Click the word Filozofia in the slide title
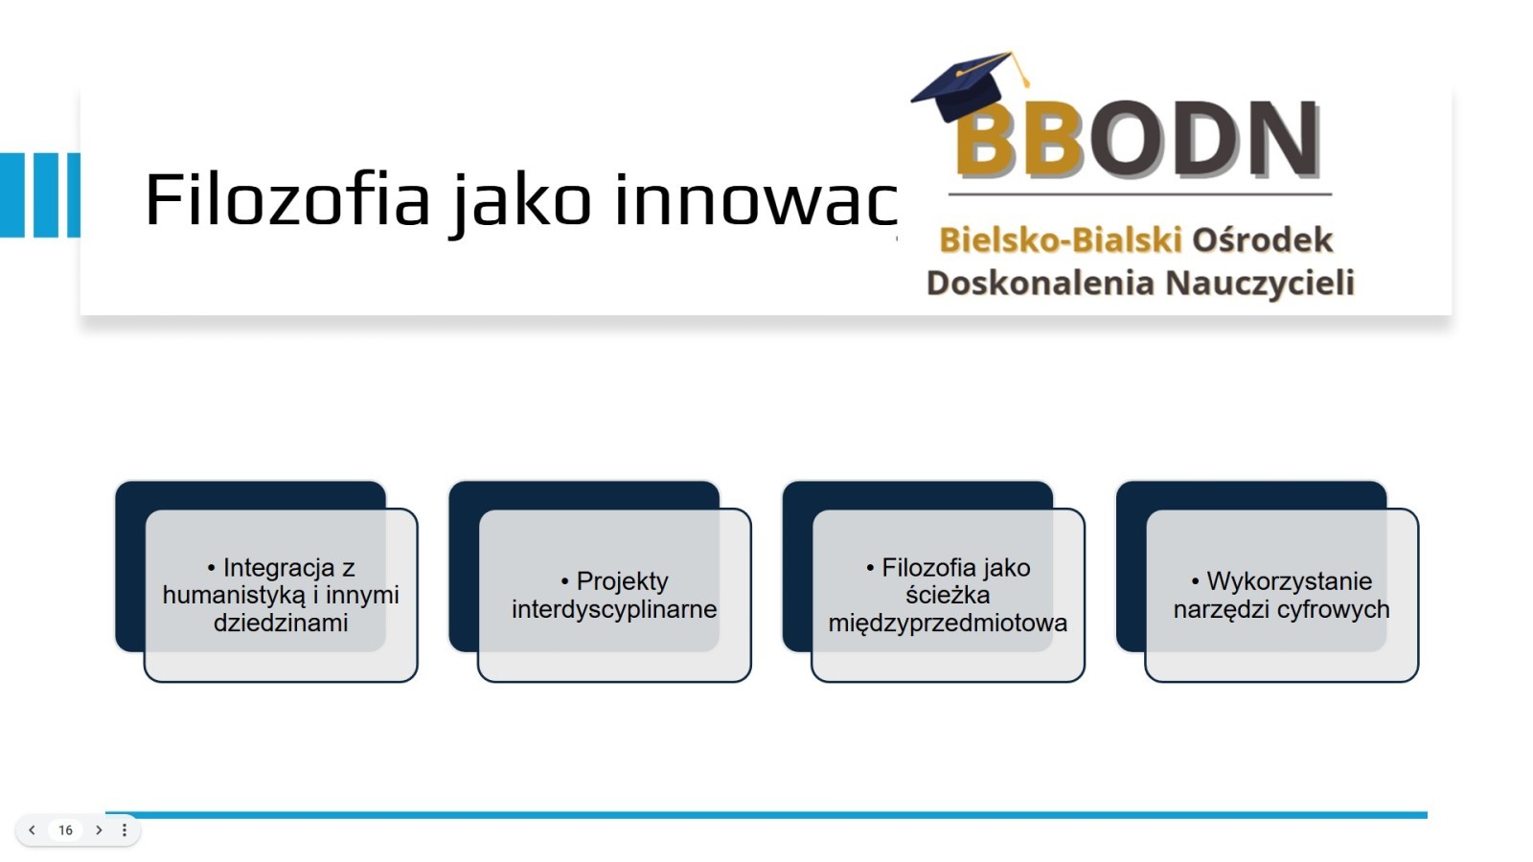[x=287, y=200]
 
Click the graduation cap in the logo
[x=970, y=85]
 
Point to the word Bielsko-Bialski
[x=1060, y=239]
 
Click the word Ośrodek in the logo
[x=1263, y=239]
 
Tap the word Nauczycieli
[x=1260, y=283]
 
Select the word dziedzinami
[x=281, y=623]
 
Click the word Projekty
[x=622, y=581]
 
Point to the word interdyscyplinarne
[x=614, y=609]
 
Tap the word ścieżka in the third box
[x=948, y=595]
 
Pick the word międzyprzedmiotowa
[x=948, y=623]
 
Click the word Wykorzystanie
[x=1290, y=581]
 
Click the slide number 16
[x=66, y=830]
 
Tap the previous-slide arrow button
[x=33, y=830]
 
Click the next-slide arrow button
[x=100, y=830]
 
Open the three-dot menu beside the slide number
[x=124, y=830]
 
